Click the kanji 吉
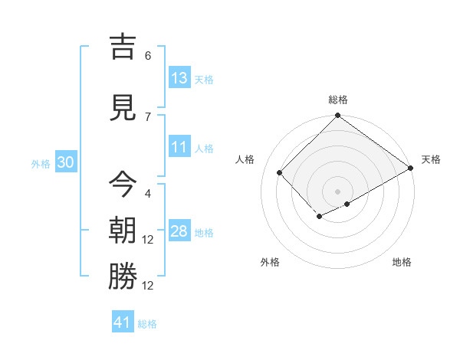pyautogui.click(x=123, y=47)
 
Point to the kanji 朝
pyautogui.click(x=123, y=231)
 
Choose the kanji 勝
pyautogui.click(x=123, y=277)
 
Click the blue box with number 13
pyautogui.click(x=179, y=78)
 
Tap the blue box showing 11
pyautogui.click(x=179, y=148)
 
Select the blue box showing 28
pyautogui.click(x=179, y=231)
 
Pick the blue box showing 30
pyautogui.click(x=65, y=163)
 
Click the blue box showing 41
pyautogui.click(x=123, y=322)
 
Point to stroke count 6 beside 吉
pyautogui.click(x=148, y=56)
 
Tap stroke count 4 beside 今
pyautogui.click(x=148, y=193)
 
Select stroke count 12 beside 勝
pyautogui.click(x=149, y=285)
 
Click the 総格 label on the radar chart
pyautogui.click(x=337, y=100)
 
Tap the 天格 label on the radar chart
pyautogui.click(x=431, y=159)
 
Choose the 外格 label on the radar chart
pyautogui.click(x=270, y=262)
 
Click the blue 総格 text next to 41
pyautogui.click(x=147, y=324)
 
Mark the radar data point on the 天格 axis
pyautogui.click(x=412, y=168)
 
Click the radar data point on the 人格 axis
pyautogui.click(x=280, y=172)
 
